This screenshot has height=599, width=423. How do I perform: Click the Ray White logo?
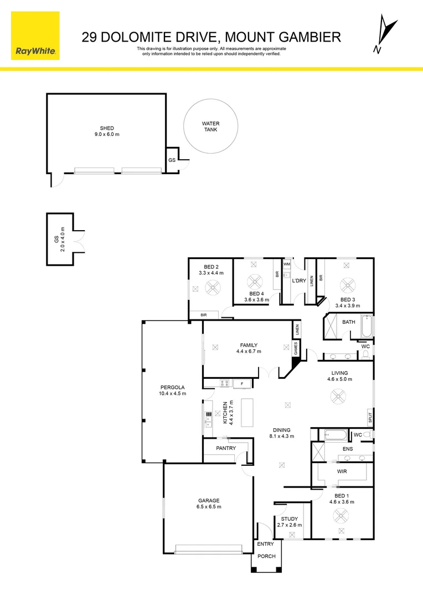35,35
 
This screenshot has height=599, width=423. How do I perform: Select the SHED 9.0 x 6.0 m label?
106,131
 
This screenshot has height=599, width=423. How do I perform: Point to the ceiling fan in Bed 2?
213,287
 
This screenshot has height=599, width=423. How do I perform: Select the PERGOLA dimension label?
173,390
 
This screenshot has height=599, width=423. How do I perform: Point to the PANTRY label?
226,448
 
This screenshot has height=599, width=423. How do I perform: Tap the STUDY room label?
289,522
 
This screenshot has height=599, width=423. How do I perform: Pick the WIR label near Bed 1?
342,471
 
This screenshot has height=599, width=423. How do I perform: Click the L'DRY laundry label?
298,281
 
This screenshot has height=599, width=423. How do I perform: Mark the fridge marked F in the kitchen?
241,383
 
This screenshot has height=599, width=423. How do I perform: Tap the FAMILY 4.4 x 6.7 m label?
248,348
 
